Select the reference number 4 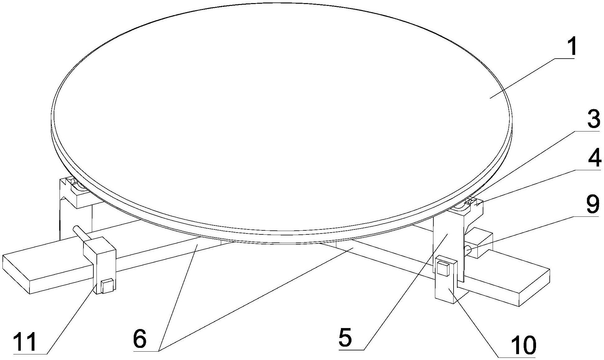coord(593,157)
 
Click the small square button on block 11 coord(107,286)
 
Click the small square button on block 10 coord(442,269)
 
